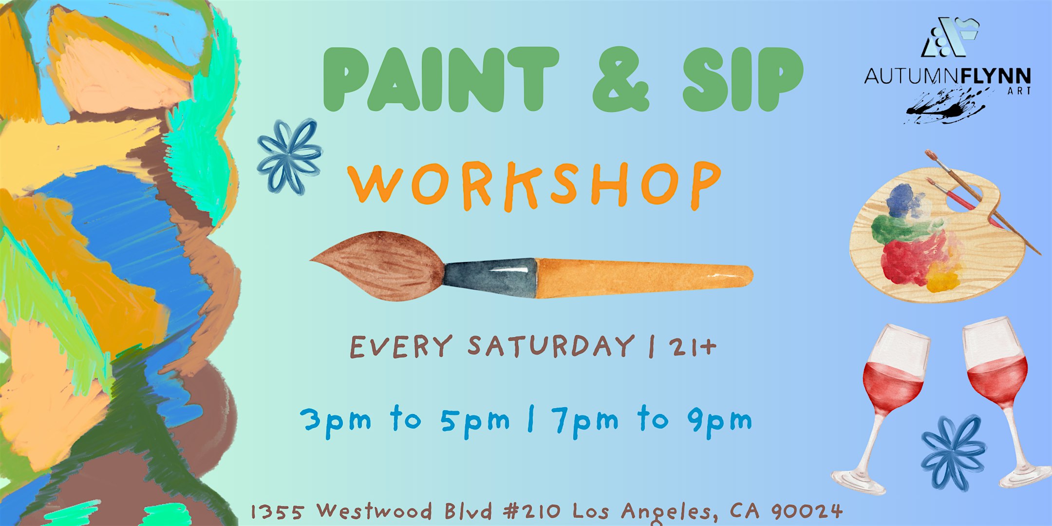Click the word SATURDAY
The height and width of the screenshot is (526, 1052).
tap(550, 346)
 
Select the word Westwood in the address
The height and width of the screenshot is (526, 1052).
tap(375, 511)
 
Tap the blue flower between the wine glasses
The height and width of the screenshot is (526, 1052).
tap(954, 453)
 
